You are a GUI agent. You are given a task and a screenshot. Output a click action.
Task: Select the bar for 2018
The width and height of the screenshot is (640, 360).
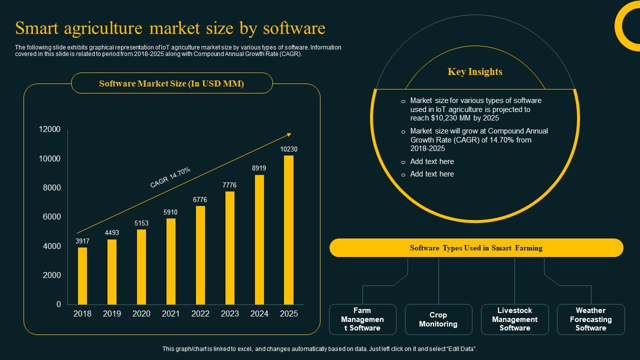coord(82,276)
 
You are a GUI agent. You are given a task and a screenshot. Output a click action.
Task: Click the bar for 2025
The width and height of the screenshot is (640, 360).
coord(288,230)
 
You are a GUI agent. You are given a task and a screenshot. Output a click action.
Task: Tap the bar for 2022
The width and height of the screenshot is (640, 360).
coord(200,255)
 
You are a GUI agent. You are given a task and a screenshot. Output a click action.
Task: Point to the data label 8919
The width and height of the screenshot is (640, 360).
coord(259,168)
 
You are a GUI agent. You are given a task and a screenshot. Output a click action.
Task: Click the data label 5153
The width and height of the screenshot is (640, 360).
coord(141,223)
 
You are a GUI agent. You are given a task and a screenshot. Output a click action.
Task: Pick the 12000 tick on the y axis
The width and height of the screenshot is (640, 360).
coord(50,129)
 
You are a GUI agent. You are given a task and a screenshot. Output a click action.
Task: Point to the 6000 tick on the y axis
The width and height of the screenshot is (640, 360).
coord(50,217)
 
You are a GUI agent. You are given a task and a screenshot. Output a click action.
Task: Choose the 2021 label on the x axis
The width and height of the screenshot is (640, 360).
coord(171,313)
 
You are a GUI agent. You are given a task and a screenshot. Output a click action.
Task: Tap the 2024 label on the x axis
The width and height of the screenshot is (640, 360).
coord(259,313)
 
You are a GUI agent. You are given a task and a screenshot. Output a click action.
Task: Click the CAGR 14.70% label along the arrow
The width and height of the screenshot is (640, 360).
coord(170,177)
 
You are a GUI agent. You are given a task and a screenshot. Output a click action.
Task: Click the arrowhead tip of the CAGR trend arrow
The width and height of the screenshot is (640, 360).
coord(290,133)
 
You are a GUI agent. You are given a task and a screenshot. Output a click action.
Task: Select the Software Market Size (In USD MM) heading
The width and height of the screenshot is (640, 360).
coord(171,83)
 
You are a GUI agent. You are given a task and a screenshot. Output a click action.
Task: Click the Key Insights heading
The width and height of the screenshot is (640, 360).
coord(475,72)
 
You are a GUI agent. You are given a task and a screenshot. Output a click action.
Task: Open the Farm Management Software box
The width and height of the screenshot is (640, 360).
coord(362,319)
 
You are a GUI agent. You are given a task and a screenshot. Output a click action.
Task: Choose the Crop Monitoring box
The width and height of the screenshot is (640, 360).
coord(438,319)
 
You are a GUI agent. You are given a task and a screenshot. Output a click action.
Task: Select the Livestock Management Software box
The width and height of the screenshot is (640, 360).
coord(514,319)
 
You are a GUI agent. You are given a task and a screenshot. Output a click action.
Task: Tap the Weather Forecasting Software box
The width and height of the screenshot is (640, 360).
coord(590,319)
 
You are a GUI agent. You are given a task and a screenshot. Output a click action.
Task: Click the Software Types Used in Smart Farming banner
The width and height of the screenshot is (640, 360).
coord(476,248)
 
